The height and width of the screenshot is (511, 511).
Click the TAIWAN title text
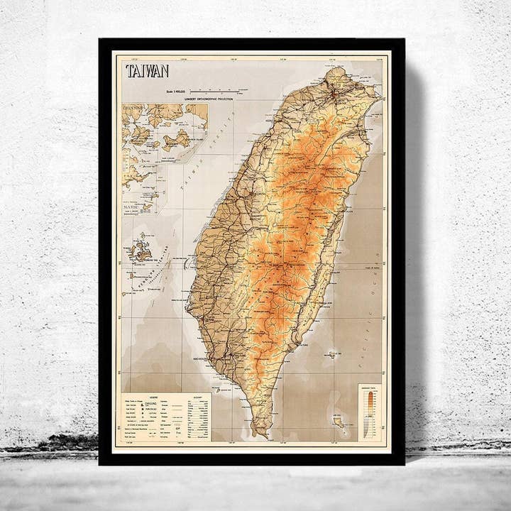pos(147,71)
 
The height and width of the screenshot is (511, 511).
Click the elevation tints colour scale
pos(369,412)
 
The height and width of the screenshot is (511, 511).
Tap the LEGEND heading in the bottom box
pos(154,397)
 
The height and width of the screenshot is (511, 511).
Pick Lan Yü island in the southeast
pos(339,422)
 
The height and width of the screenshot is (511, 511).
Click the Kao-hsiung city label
pos(202,358)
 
